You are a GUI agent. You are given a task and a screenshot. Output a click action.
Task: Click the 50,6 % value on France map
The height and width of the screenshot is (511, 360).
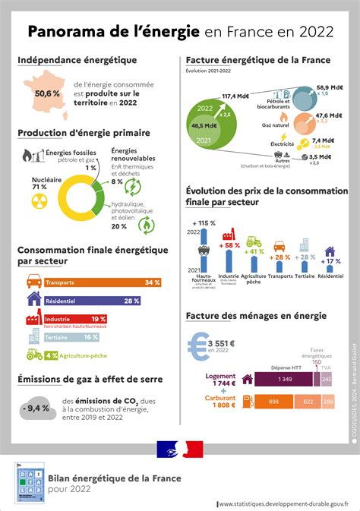coord(46,93)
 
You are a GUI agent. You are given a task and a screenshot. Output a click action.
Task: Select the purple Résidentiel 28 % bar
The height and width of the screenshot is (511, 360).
coord(95,301)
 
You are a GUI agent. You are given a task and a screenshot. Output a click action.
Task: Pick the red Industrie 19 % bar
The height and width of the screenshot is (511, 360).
coord(79,320)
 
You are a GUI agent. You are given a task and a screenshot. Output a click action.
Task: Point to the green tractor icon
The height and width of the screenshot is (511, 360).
coord(34,355)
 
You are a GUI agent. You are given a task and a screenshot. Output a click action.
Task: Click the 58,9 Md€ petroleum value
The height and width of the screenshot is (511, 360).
coord(332,88)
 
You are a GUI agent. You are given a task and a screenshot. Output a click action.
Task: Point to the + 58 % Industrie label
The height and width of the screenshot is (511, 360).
coord(229,245)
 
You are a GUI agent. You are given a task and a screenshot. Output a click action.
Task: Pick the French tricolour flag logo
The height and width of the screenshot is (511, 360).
coord(179,449)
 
